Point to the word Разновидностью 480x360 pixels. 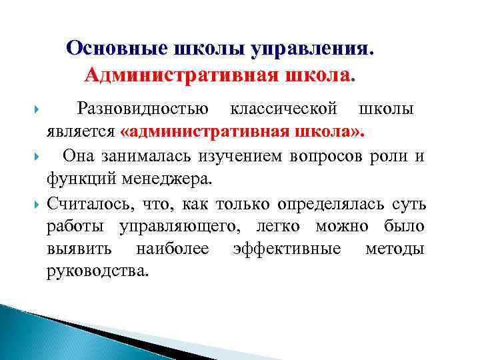(x=143, y=108)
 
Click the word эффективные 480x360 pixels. (x=287, y=249)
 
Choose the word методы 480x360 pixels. (x=395, y=249)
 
